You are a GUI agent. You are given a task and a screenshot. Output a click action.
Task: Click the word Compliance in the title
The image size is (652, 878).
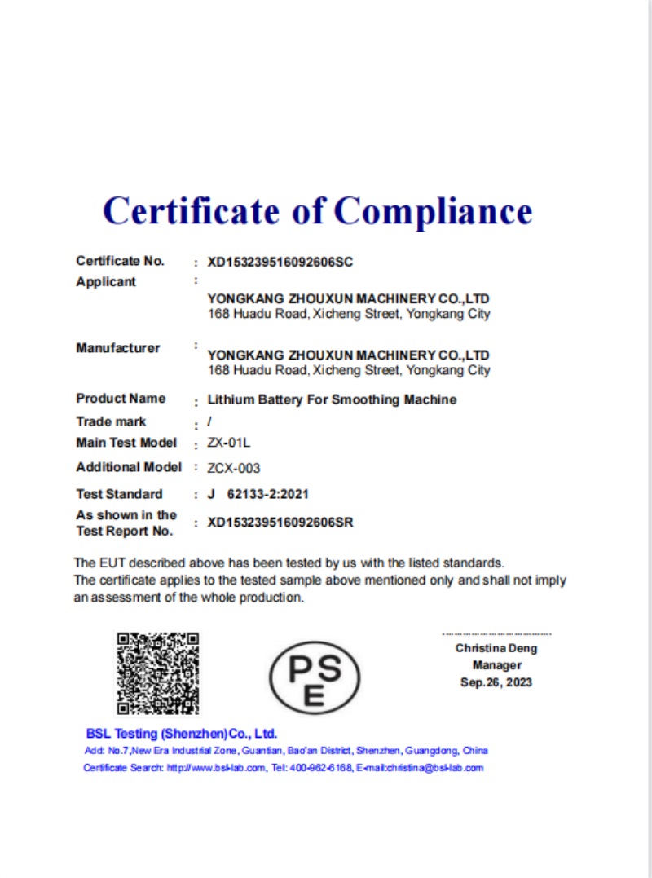tap(433, 211)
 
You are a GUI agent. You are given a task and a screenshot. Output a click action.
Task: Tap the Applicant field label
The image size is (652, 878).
tap(106, 282)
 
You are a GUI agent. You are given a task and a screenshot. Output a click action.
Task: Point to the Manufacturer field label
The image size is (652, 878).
tap(118, 348)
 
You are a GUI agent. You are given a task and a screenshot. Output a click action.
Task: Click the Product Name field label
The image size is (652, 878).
tap(121, 399)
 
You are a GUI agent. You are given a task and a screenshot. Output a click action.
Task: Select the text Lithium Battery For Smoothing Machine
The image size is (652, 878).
tap(332, 399)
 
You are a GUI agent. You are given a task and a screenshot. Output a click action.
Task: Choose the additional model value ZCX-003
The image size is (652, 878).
tap(234, 468)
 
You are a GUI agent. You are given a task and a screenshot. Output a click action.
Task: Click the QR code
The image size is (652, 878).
tap(157, 673)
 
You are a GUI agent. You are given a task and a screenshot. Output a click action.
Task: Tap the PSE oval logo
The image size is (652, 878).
tap(315, 676)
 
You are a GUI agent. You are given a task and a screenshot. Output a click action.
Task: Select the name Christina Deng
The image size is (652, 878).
tap(496, 649)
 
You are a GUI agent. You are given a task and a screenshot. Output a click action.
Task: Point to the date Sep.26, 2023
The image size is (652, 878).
tap(496, 682)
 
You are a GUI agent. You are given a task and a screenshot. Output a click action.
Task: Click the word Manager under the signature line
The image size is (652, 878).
tap(496, 665)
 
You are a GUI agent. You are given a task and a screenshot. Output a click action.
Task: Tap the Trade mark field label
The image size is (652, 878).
tap(111, 421)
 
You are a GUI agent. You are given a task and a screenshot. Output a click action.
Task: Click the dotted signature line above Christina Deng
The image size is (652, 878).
tap(496, 634)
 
